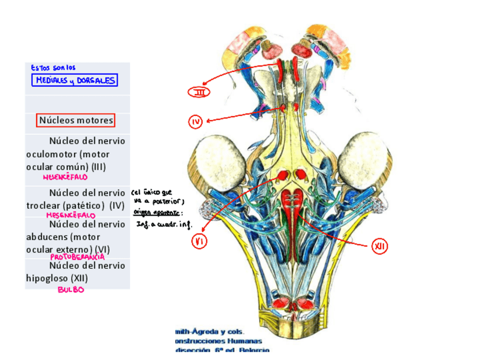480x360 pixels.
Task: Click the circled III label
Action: (199, 92)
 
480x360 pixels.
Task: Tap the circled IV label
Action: (195, 121)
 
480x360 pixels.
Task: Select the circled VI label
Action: (199, 242)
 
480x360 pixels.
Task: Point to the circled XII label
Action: (379, 246)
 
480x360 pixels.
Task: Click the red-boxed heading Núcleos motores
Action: (76, 121)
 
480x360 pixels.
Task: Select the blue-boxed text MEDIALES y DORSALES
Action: (75, 80)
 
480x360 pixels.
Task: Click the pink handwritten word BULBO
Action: (71, 290)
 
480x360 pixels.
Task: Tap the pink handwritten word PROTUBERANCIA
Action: (78, 256)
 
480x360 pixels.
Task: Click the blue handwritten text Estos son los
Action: (53, 68)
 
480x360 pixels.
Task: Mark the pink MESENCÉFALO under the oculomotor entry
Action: (65, 177)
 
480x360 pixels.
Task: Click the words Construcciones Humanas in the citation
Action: (218, 341)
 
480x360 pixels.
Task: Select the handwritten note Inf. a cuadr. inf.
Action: (164, 224)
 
